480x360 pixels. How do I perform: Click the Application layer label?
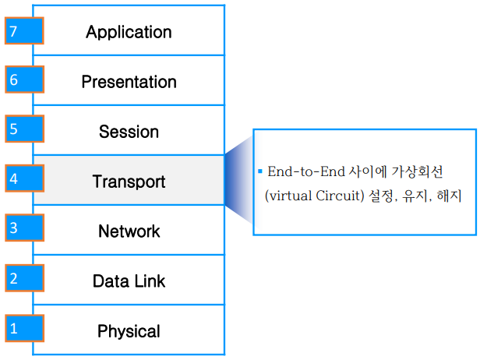tap(129, 32)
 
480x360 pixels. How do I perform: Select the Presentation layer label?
tap(129, 82)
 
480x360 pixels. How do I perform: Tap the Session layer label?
tap(129, 132)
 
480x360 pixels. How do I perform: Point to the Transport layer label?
tap(129, 182)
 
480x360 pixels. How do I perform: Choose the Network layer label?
tap(129, 231)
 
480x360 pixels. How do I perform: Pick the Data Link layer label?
tap(129, 281)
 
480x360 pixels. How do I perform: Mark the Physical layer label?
tap(129, 331)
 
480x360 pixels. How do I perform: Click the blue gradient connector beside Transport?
tap(238, 181)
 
